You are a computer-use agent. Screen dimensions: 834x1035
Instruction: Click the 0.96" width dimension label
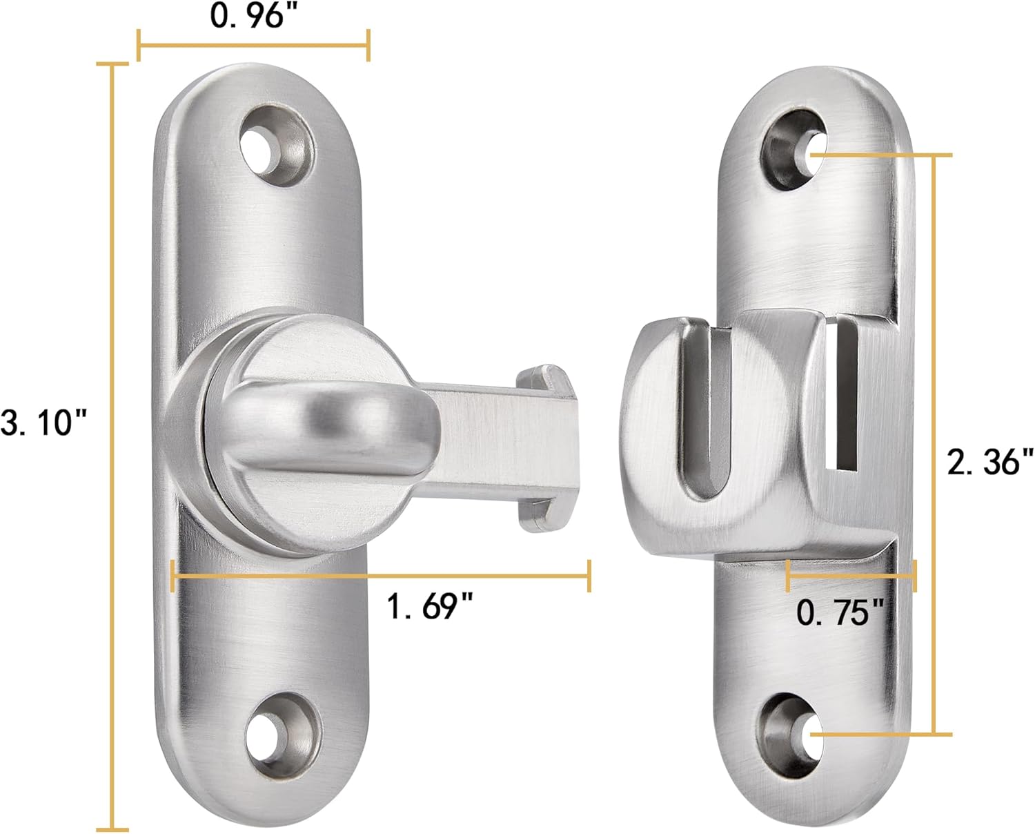click(x=248, y=16)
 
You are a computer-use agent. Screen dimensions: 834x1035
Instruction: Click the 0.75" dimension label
click(x=840, y=612)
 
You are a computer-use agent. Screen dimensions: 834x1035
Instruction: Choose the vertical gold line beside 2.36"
click(x=934, y=445)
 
